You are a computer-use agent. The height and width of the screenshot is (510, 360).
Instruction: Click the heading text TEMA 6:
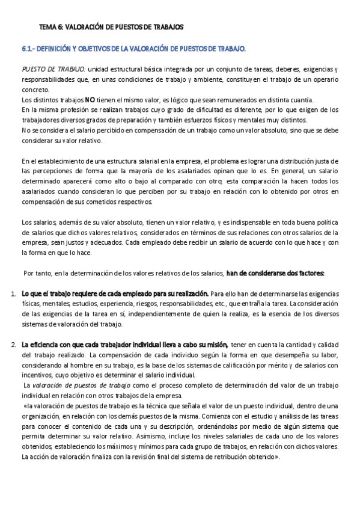click(x=50, y=28)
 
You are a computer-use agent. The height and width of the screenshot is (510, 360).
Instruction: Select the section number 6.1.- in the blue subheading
click(x=31, y=48)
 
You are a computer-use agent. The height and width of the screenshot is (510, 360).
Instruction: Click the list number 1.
click(x=13, y=293)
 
